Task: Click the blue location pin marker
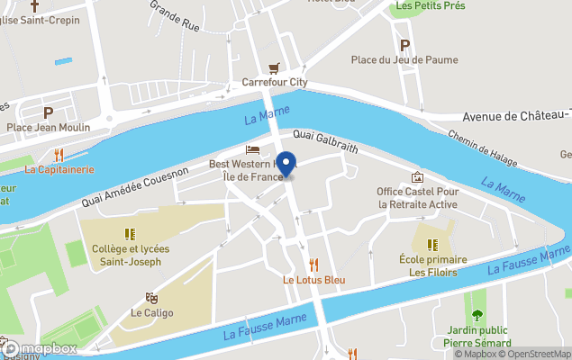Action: (x=286, y=164)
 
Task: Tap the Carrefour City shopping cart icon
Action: (x=274, y=67)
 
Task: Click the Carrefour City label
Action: (x=274, y=83)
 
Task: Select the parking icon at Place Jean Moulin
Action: (x=49, y=112)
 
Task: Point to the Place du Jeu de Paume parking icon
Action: (x=404, y=45)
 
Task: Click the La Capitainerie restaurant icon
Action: (x=59, y=154)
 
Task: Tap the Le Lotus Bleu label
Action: (x=313, y=280)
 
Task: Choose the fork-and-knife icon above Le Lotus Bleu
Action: (x=313, y=265)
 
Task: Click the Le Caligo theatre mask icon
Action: (x=151, y=297)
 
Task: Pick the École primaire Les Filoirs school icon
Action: (x=432, y=245)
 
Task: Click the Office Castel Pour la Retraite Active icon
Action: (x=417, y=176)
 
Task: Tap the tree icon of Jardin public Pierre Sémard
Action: (x=477, y=315)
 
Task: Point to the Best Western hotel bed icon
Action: (x=253, y=149)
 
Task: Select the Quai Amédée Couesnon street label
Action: (x=134, y=185)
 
